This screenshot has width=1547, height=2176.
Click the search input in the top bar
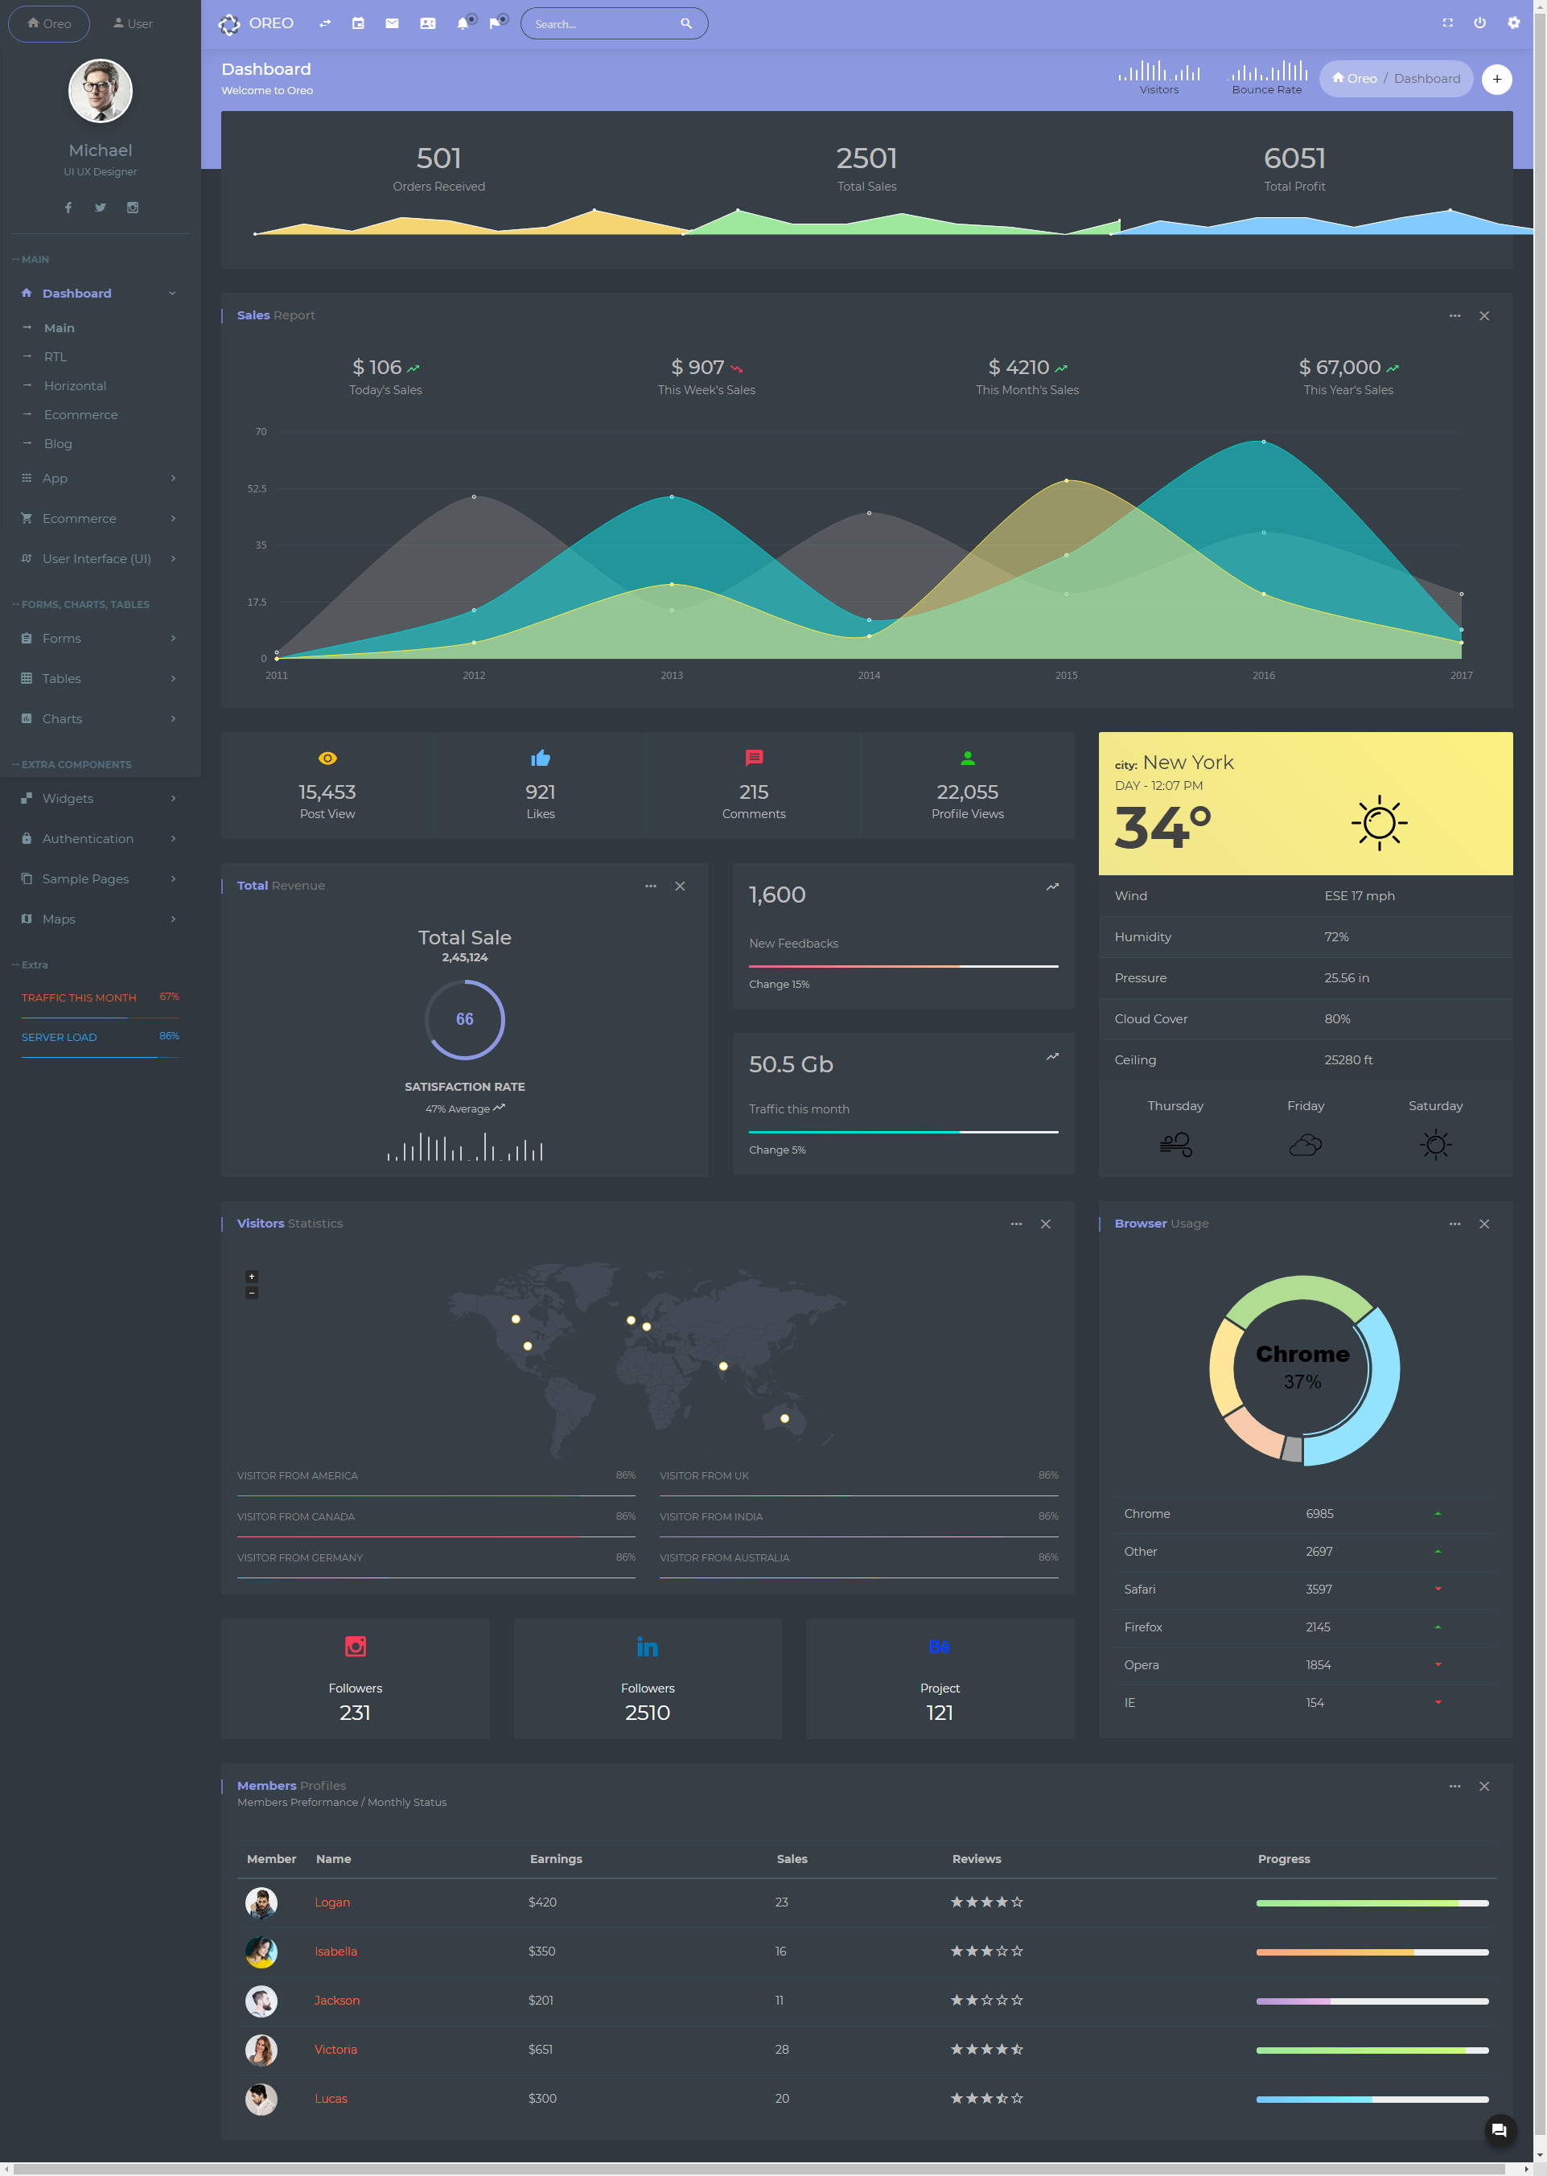click(606, 24)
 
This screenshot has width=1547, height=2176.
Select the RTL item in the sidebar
click(56, 357)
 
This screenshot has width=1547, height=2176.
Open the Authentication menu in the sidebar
click(88, 839)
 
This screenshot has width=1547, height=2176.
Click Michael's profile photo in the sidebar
click(100, 92)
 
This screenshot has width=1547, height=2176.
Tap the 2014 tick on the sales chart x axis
click(869, 675)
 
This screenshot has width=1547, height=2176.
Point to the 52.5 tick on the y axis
click(257, 488)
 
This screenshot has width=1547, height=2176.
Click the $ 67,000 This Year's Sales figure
click(1339, 368)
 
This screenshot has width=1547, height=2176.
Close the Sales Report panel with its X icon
click(1484, 316)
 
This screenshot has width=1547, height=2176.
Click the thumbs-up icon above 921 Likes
click(540, 758)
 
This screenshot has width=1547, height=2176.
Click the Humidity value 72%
click(1336, 937)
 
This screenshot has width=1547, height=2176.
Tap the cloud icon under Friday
click(1305, 1145)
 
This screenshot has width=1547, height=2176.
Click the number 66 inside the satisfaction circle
click(464, 1019)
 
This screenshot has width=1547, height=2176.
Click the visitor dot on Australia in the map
click(785, 1419)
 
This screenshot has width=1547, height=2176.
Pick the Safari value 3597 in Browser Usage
click(1319, 1590)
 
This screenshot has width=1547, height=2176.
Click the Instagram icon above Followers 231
click(356, 1647)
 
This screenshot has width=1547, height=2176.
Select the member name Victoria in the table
click(335, 2050)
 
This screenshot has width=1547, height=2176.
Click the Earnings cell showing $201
click(540, 2000)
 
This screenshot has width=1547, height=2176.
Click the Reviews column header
click(977, 1859)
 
